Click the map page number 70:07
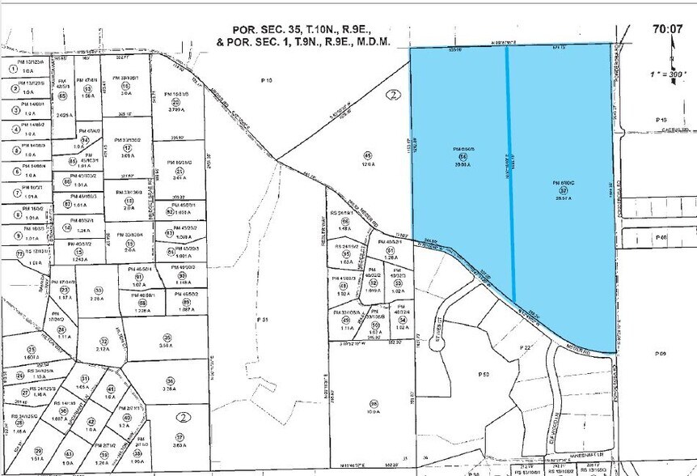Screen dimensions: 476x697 click(669, 28)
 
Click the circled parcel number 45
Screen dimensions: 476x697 click(368, 155)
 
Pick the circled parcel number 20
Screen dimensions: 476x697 click(176, 102)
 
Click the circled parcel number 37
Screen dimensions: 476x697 click(180, 436)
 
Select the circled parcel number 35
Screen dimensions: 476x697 click(167, 338)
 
